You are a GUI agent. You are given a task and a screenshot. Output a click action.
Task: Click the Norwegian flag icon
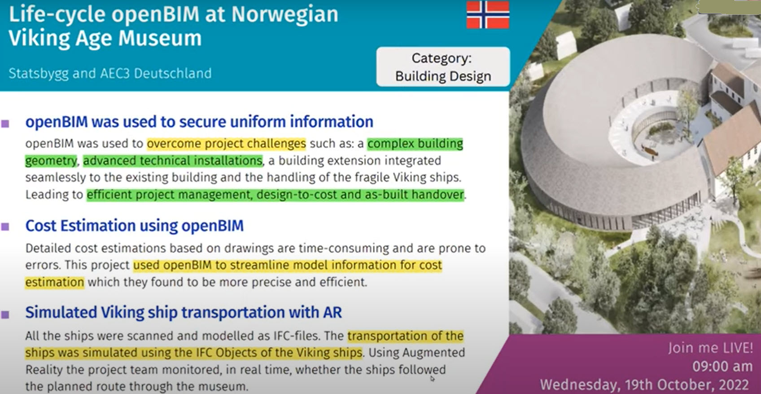(x=487, y=14)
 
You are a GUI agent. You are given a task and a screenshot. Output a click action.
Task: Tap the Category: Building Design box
(x=443, y=67)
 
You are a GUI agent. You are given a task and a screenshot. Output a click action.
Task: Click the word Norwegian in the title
(x=285, y=15)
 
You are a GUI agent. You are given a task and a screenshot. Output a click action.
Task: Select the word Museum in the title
(x=160, y=38)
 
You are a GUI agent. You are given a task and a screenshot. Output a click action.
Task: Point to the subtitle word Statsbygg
(x=39, y=74)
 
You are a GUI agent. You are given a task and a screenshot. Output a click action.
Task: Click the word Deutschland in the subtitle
(x=173, y=73)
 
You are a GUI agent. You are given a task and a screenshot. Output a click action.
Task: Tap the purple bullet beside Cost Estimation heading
(x=5, y=226)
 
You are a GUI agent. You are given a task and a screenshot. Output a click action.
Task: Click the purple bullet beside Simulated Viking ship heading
(x=5, y=314)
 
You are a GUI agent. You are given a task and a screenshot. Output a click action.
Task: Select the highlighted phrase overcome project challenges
(x=226, y=144)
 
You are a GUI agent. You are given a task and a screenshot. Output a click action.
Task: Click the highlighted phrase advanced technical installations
(x=173, y=160)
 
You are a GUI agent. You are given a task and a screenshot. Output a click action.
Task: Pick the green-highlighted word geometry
(x=51, y=160)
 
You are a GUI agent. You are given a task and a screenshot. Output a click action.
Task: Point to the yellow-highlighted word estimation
(x=54, y=283)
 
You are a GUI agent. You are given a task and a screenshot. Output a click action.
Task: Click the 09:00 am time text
(x=722, y=367)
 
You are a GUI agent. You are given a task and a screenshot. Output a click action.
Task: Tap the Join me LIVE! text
(x=710, y=348)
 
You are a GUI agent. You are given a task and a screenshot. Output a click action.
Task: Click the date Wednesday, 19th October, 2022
(x=644, y=385)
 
